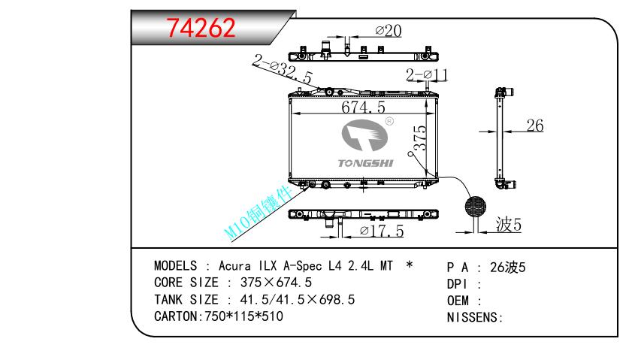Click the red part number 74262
click(201, 28)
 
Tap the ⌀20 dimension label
click(389, 31)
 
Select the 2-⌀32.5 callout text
click(283, 69)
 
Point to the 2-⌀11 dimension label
click(427, 74)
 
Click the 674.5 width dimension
click(363, 107)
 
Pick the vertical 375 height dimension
click(420, 138)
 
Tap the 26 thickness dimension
click(535, 126)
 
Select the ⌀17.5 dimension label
click(382, 231)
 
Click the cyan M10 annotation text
click(259, 213)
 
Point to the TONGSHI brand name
click(365, 163)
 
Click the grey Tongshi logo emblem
click(364, 135)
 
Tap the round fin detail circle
click(476, 206)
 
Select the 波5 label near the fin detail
click(509, 225)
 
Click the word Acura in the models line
click(234, 266)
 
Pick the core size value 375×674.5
click(276, 283)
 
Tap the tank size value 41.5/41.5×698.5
click(298, 299)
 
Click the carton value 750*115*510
click(244, 316)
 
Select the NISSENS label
click(474, 317)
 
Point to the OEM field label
click(458, 301)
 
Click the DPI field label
click(457, 284)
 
